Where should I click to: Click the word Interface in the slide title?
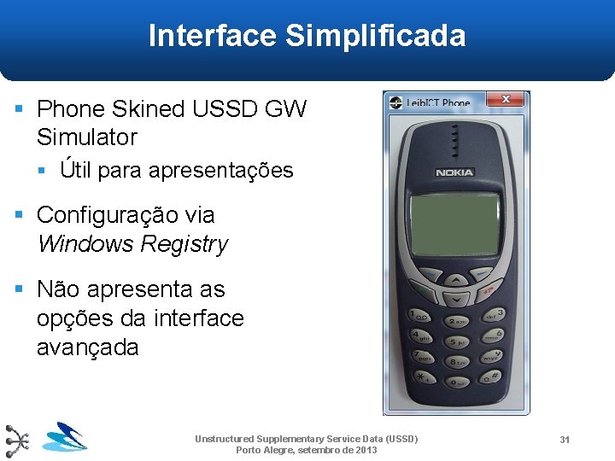213,36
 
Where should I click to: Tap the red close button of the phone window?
506,100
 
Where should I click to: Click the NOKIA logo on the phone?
454,173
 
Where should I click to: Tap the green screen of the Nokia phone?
455,225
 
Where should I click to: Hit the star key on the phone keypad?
420,376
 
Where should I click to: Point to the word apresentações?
220,171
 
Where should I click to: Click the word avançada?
87,347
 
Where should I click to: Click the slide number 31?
565,439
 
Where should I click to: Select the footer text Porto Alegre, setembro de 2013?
306,450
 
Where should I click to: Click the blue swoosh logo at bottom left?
65,437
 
